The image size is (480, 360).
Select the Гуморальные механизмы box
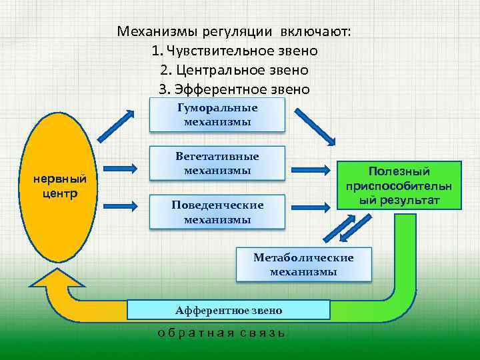click(x=217, y=115)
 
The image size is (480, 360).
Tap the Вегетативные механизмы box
click(x=217, y=163)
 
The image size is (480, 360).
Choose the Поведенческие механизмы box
click(x=217, y=212)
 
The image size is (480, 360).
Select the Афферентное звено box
click(x=229, y=310)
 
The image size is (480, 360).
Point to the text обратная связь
click(x=221, y=333)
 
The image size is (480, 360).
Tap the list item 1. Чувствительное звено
click(x=234, y=51)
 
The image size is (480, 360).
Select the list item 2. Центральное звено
click(x=234, y=70)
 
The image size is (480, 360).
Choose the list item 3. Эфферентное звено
click(x=234, y=89)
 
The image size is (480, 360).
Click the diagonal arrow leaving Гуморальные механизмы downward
click(x=315, y=126)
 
